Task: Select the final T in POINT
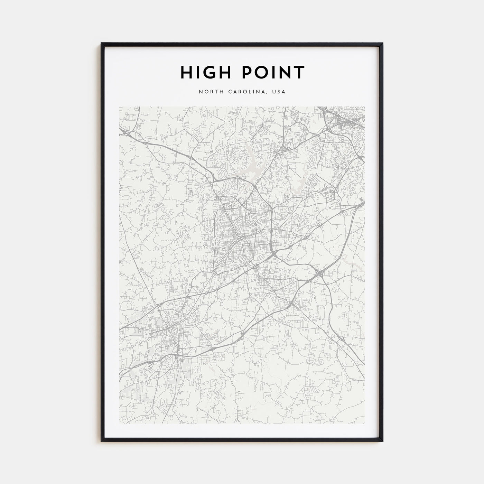(x=299, y=72)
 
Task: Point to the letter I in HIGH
(x=198, y=72)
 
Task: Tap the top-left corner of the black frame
(x=102, y=44)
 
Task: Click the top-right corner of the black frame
(x=383, y=44)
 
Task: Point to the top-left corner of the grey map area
(x=120, y=107)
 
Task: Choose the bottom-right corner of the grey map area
(x=364, y=423)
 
